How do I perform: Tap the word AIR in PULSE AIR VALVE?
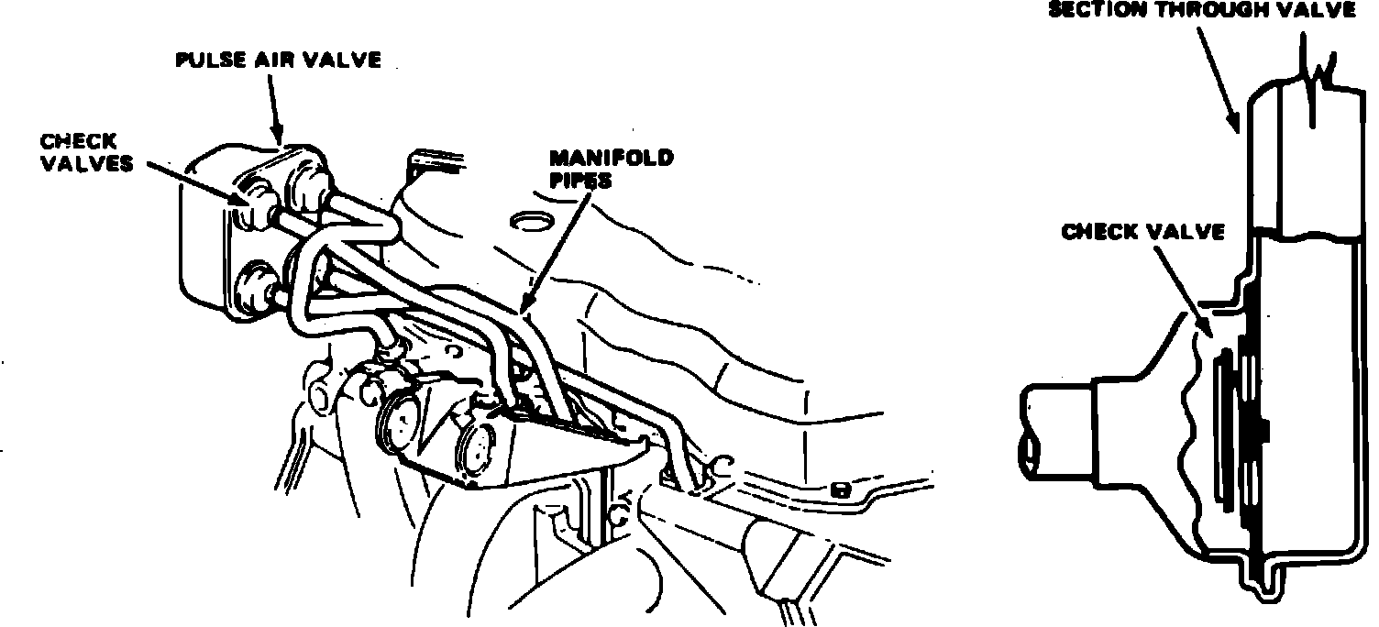tap(272, 61)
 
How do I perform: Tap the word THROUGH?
tap(1209, 10)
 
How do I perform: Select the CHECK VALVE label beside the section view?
tap(1143, 233)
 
